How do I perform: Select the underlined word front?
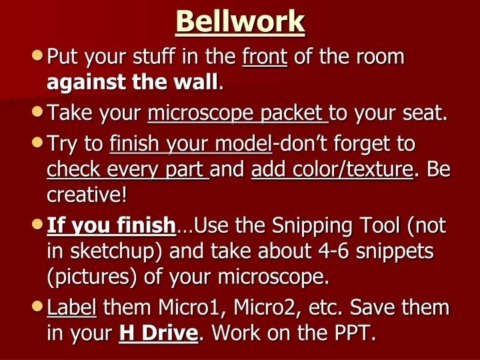pyautogui.click(x=264, y=57)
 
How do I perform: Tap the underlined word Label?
pyautogui.click(x=72, y=309)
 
